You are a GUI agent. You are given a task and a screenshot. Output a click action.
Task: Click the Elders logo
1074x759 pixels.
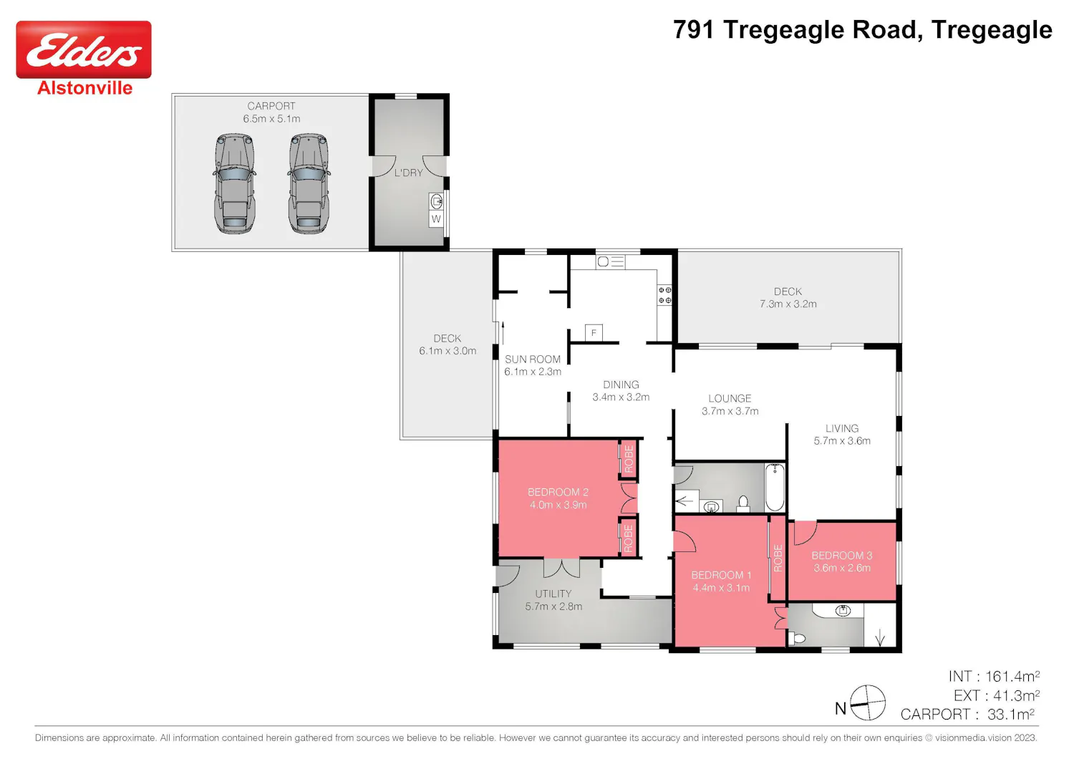[x=84, y=49]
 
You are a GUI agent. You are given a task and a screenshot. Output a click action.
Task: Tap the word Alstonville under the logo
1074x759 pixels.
[x=85, y=88]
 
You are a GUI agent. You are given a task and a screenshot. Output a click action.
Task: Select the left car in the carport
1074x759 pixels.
[x=234, y=183]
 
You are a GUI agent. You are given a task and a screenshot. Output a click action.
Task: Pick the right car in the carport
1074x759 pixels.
[x=309, y=183]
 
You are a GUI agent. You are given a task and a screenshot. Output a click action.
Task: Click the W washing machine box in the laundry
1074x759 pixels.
[x=436, y=219]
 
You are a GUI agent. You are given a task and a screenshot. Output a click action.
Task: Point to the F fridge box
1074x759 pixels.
[x=594, y=332]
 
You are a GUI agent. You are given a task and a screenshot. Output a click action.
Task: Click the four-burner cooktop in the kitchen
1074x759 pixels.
[x=664, y=295]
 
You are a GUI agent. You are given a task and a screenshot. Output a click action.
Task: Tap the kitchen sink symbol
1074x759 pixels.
[x=610, y=262]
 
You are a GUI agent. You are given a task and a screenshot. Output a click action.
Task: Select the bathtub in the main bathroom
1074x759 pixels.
[x=775, y=487]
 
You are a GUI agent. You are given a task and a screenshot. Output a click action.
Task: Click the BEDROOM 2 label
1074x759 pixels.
[x=558, y=492]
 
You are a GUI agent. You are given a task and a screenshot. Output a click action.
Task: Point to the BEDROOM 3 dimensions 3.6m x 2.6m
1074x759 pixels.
[x=842, y=568]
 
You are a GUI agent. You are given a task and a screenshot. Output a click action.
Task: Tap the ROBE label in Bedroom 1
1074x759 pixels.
[x=778, y=558]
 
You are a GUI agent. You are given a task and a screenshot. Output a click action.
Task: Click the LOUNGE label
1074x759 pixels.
[x=730, y=398]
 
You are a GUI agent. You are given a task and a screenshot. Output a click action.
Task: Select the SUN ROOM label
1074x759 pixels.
[x=532, y=359]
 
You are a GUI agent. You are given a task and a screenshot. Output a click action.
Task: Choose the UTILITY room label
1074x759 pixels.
[x=553, y=594]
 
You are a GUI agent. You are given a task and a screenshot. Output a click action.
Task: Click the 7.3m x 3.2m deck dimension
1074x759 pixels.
[x=788, y=304]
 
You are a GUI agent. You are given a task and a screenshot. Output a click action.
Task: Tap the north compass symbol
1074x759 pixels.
[x=867, y=703]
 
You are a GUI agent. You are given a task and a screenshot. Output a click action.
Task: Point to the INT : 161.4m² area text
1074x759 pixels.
[x=994, y=677]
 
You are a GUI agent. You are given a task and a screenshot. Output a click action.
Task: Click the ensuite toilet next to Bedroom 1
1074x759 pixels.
[x=798, y=638]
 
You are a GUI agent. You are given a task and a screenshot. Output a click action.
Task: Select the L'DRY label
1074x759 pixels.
[x=409, y=173]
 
